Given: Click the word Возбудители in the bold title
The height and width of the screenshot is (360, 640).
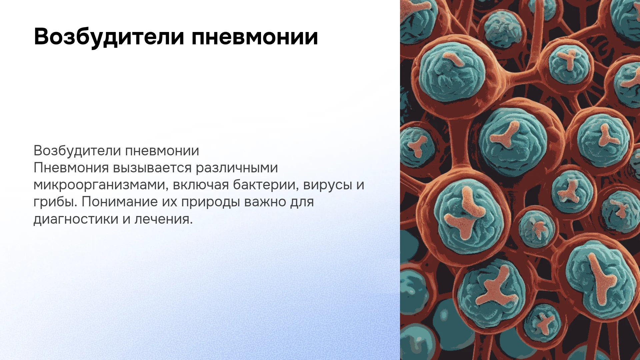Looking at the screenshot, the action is pos(109,37).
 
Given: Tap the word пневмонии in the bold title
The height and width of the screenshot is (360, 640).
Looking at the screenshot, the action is pos(255,36).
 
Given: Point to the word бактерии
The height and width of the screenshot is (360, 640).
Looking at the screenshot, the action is pos(265,185).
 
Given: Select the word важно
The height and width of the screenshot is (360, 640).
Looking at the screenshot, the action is pos(265,202).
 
